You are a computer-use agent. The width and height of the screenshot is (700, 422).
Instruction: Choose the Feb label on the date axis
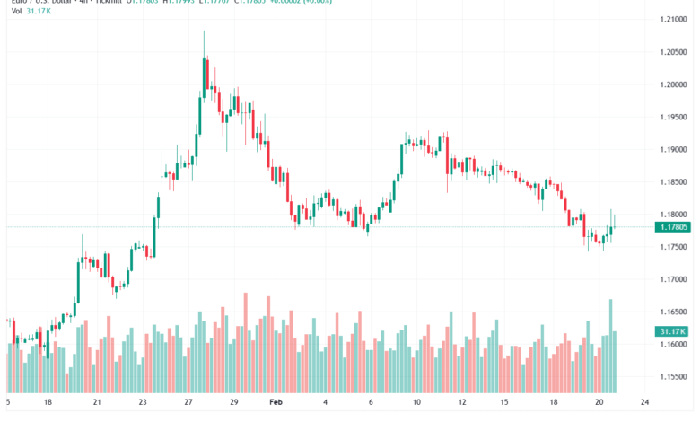[277, 403]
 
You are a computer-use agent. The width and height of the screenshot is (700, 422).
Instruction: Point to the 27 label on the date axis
[190, 403]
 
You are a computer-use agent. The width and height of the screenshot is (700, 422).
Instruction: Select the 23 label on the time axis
[143, 403]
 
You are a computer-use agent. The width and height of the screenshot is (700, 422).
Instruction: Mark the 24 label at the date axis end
[645, 403]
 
